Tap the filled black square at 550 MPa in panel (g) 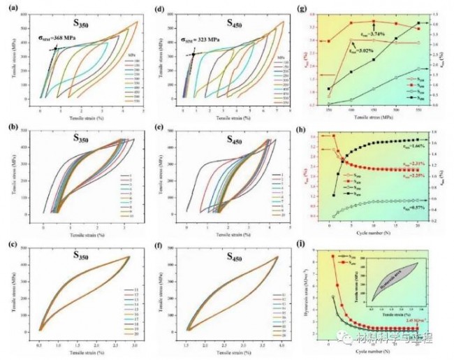(x=418, y=23)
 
